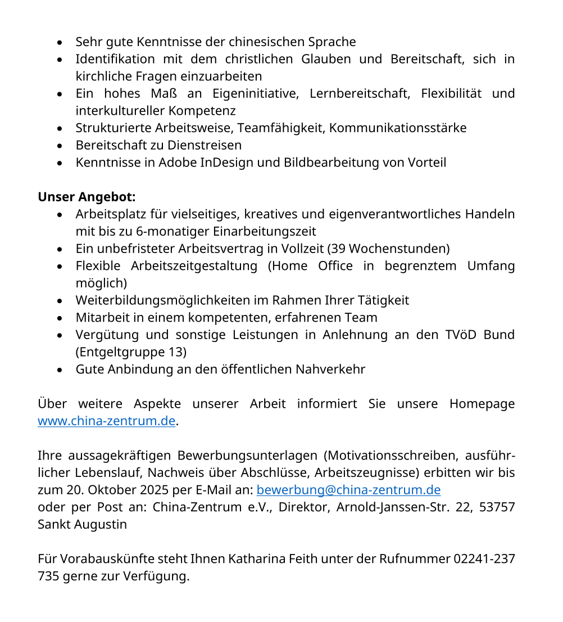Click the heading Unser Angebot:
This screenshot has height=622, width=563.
tap(87, 197)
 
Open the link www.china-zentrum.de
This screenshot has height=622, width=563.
tap(107, 421)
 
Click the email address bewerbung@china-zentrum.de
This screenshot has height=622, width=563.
tap(348, 490)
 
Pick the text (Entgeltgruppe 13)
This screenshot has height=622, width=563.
tap(131, 353)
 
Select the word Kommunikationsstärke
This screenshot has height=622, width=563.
tap(398, 128)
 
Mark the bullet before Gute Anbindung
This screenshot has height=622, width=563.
tap(60, 370)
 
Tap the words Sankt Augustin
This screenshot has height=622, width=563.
tap(82, 525)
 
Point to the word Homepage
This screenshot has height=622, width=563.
tap(482, 404)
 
